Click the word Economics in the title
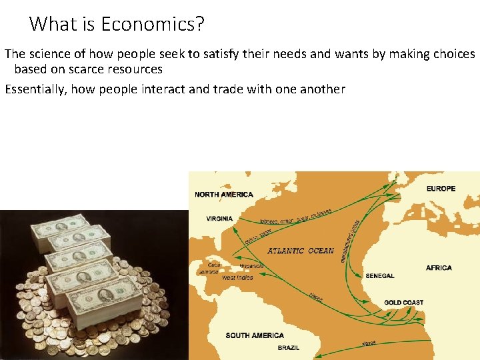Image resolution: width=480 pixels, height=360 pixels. (152, 25)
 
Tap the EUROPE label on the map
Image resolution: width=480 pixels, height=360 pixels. (441, 189)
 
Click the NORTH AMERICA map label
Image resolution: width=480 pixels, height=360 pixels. (224, 195)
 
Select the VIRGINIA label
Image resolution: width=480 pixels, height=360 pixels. (219, 219)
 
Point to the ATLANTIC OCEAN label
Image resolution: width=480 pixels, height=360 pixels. (300, 251)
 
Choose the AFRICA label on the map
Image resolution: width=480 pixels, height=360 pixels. (439, 268)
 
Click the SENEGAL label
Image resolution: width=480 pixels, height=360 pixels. (379, 275)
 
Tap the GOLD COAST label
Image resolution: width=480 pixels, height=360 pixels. (403, 303)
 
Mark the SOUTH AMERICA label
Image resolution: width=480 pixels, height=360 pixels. (255, 335)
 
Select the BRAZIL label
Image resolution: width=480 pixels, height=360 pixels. (289, 348)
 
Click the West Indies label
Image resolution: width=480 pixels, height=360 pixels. (237, 277)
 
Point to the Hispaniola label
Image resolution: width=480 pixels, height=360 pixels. (251, 266)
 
